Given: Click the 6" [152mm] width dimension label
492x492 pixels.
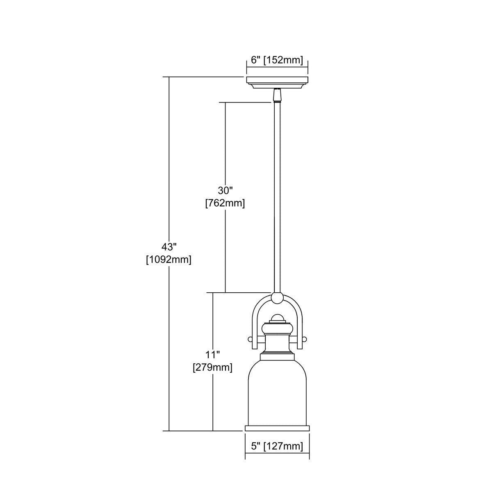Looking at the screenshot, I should tap(277, 60).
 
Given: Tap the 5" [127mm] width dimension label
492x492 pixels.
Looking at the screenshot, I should tap(277, 446).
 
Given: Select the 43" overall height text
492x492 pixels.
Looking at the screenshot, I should tap(169, 247).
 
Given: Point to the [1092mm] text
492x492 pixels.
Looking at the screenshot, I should tap(169, 260).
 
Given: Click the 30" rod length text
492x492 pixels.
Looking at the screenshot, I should tap(225, 190).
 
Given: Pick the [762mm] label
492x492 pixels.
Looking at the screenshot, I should tap(225, 203).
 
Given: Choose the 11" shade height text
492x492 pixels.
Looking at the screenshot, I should tap(213, 354).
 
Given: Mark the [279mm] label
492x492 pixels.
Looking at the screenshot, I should tap(213, 367).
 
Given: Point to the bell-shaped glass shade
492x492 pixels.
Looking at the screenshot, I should tap(277, 394).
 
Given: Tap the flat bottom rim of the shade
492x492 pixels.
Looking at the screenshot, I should tap(277, 428).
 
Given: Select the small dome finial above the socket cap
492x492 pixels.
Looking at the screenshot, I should tap(277, 317).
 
